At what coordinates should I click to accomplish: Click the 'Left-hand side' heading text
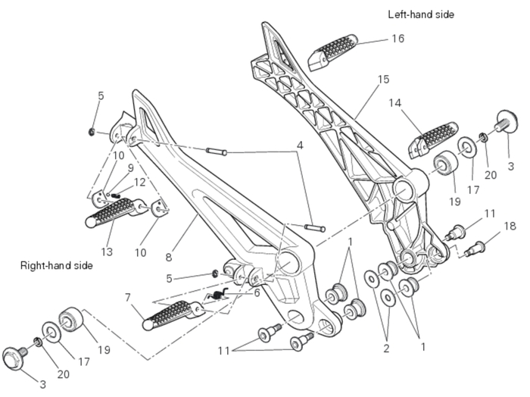421,14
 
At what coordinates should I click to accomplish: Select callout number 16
398,38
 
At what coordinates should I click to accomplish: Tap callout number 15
383,80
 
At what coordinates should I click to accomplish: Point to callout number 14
395,103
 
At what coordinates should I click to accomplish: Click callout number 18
510,226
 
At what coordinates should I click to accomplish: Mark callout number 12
139,182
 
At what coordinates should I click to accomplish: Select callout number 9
129,168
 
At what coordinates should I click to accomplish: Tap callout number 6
257,293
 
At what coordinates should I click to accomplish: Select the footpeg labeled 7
174,311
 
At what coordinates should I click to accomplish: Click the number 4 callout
299,145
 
